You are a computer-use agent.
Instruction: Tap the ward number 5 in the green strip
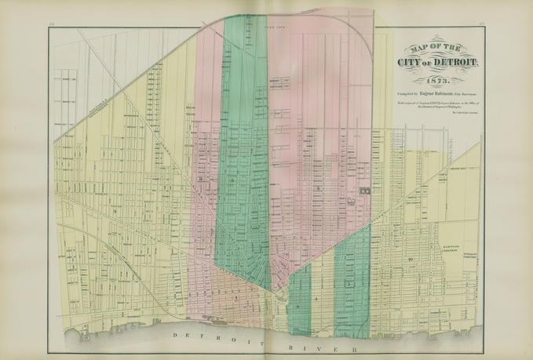coord(232,181)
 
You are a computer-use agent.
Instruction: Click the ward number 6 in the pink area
coord(318,188)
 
